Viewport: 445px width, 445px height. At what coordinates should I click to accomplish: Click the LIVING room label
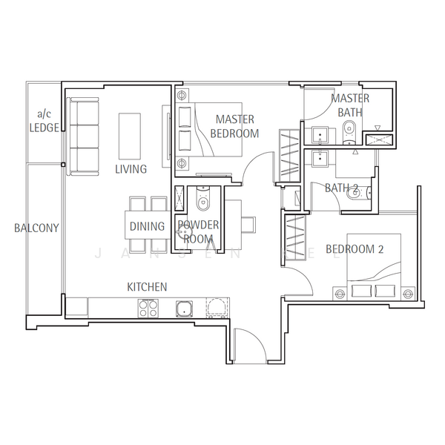131,169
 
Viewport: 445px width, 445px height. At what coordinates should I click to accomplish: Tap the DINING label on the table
147,226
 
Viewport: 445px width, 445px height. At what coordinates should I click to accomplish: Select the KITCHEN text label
146,286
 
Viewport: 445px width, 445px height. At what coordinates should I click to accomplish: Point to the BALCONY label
36,228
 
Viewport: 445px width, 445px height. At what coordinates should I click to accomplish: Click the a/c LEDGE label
44,121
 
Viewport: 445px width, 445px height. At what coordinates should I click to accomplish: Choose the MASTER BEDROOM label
234,126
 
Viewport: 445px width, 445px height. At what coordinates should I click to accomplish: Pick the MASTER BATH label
349,105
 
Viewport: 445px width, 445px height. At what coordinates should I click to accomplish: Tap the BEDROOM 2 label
355,249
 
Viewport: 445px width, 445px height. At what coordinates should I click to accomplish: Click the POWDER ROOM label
197,231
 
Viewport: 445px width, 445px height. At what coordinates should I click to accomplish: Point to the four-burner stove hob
148,307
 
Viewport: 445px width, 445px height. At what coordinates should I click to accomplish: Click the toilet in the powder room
201,199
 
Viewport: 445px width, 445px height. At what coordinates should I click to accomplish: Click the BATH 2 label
342,188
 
